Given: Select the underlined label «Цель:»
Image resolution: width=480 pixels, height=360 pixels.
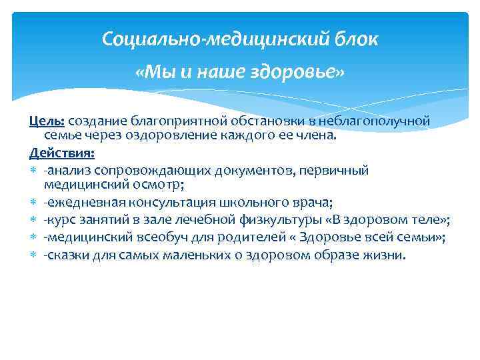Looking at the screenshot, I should point(47,121).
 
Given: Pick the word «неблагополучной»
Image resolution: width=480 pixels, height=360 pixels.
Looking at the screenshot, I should point(375,121).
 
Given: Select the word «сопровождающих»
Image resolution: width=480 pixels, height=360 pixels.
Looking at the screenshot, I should point(144,169).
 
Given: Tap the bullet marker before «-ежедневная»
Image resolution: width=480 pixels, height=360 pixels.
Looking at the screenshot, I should point(33,203).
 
